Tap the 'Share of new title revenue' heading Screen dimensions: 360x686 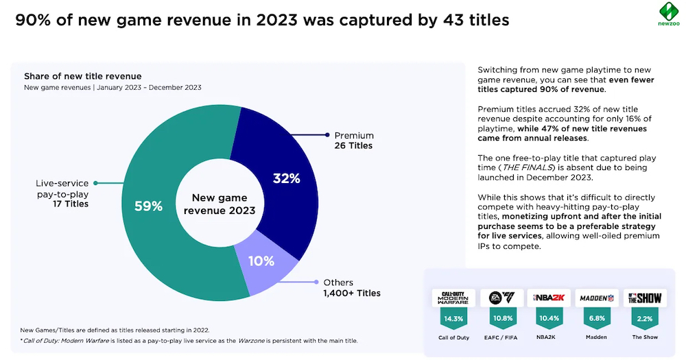[x=82, y=76]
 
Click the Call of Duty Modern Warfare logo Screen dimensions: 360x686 [x=453, y=298]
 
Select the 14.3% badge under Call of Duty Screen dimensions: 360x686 [x=453, y=319]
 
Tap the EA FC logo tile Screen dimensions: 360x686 [x=502, y=298]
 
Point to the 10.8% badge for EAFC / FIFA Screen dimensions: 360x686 [x=502, y=319]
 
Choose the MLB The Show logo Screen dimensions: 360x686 [x=643, y=298]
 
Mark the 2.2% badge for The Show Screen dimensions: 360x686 [x=643, y=319]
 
